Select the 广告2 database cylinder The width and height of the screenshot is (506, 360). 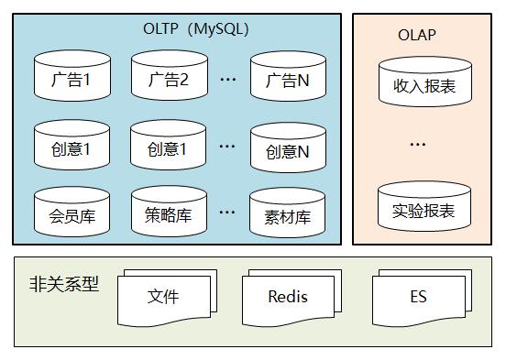click(x=169, y=78)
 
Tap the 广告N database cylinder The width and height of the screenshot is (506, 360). click(x=288, y=78)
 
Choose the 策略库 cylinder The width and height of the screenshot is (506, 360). click(x=169, y=215)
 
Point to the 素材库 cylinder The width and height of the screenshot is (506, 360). click(x=288, y=215)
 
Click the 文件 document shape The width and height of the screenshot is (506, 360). click(x=163, y=298)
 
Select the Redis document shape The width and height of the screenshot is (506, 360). click(x=288, y=298)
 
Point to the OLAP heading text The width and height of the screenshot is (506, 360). click(x=417, y=36)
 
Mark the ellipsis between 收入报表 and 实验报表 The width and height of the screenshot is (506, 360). click(x=417, y=145)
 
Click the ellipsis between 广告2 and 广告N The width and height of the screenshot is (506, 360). click(x=228, y=81)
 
